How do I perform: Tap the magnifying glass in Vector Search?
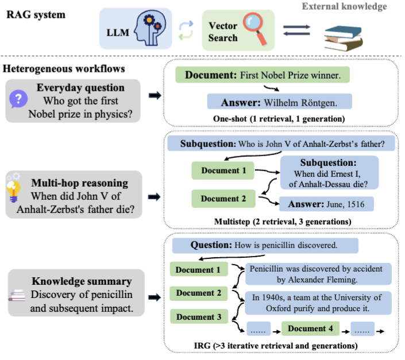253,26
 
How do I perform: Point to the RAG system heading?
36,14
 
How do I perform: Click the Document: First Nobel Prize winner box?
263,75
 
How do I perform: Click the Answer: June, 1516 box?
326,204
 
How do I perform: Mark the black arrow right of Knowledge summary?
154,298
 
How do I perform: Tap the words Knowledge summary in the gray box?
82,282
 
